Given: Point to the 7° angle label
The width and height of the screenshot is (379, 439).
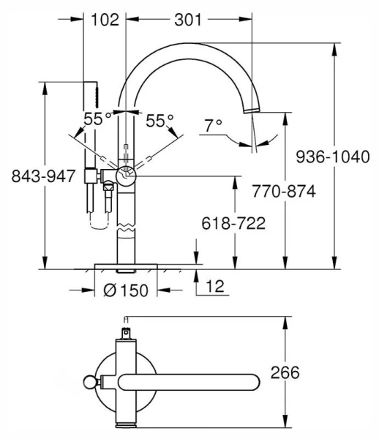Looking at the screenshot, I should tap(213, 126).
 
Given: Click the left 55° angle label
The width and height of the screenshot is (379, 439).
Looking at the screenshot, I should tap(97, 119).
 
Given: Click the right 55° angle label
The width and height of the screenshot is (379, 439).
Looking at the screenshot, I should tap(159, 119).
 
